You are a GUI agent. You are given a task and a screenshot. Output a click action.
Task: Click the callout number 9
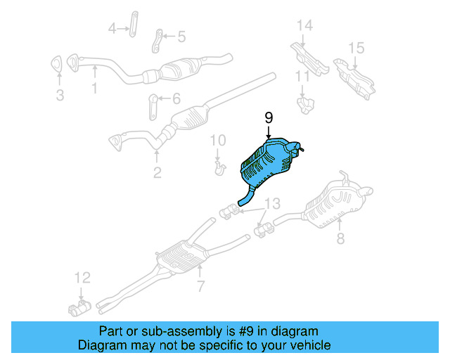click(268, 117)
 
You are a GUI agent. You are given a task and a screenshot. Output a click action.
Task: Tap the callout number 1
click(60, 94)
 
